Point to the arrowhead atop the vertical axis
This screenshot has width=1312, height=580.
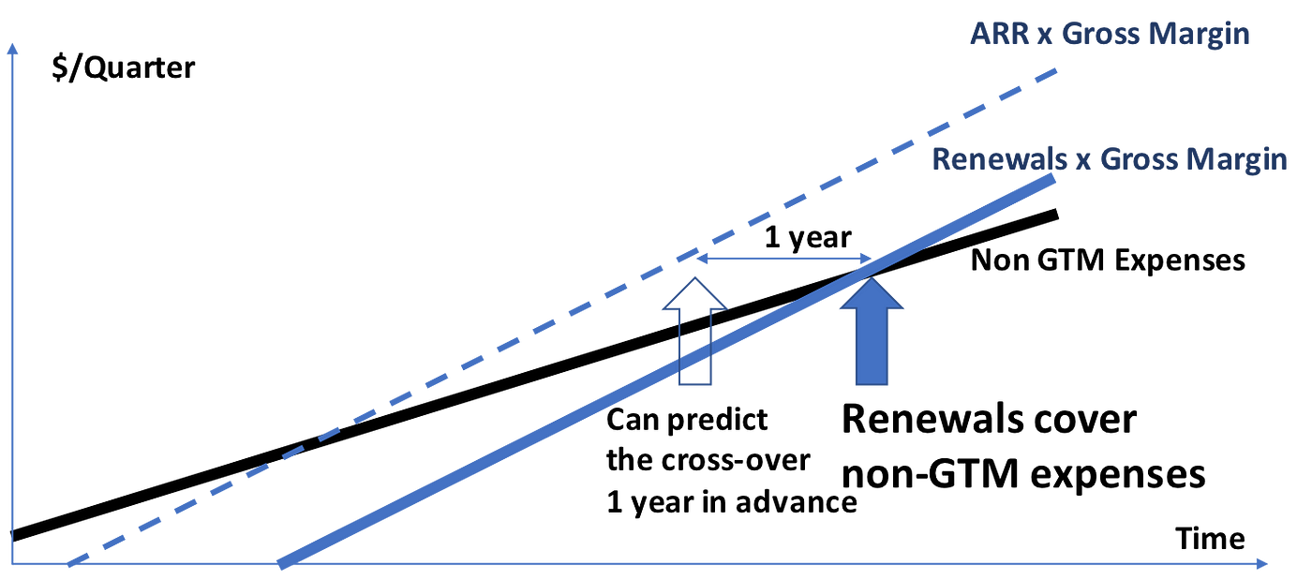point(12,49)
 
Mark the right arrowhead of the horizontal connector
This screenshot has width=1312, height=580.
point(868,259)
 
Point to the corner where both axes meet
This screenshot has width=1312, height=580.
point(12,564)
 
